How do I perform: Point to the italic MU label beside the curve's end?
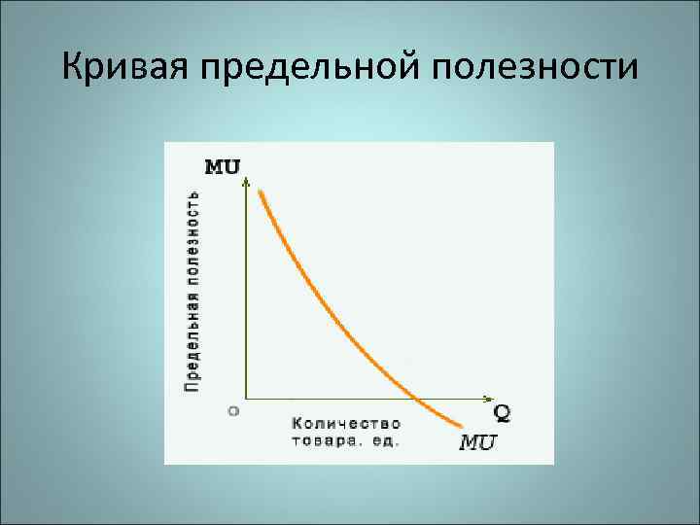point(478,443)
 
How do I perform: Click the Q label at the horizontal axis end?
point(502,411)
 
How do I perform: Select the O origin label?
point(233,410)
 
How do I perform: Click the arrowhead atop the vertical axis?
point(246,181)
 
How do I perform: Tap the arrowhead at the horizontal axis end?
point(487,398)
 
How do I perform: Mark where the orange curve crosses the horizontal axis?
point(417,398)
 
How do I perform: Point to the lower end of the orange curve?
point(459,424)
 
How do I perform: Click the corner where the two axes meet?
point(246,398)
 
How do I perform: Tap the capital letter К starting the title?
point(72,67)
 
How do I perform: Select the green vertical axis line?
point(246,292)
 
